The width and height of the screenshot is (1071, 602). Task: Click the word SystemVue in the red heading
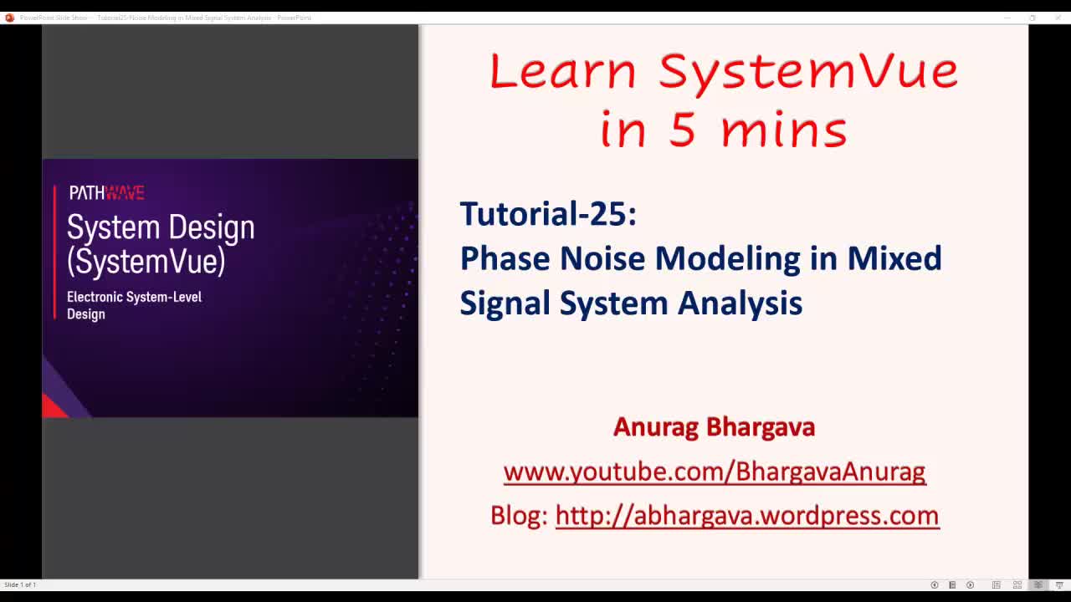(808, 72)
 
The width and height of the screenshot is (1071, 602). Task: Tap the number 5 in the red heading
(682, 130)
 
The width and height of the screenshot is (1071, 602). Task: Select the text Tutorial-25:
(548, 214)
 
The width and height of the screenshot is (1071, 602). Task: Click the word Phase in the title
(505, 258)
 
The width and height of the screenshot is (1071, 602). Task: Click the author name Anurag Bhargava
(714, 427)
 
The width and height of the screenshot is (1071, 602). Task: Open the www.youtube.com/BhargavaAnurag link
(714, 472)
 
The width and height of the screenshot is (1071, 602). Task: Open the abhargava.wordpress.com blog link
(746, 516)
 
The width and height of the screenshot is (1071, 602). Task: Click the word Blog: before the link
(519, 516)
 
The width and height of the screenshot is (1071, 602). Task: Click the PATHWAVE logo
(106, 193)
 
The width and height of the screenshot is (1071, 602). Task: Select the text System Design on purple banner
(161, 227)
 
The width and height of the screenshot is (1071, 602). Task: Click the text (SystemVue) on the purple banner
(146, 261)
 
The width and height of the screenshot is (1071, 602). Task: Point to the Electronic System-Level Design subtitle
(134, 305)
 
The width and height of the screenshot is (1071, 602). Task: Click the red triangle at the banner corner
(53, 407)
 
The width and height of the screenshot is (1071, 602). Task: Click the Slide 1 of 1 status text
(20, 584)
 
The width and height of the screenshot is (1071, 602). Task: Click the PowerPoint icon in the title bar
(9, 18)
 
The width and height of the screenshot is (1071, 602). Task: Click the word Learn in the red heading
(562, 72)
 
